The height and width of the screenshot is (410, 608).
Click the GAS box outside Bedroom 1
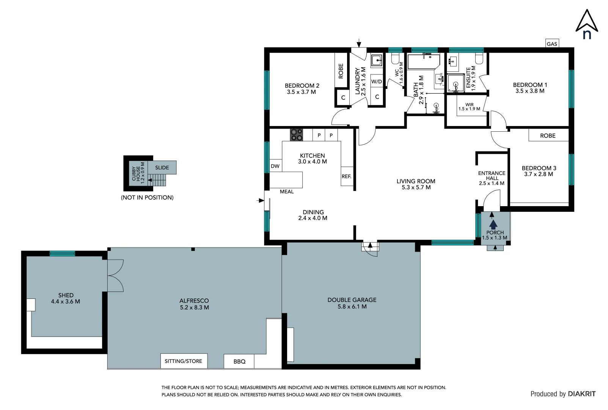click(552, 44)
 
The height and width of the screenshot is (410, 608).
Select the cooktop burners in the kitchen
click(297, 135)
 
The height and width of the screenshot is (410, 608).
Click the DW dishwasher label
click(275, 166)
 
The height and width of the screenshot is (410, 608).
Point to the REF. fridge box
click(347, 177)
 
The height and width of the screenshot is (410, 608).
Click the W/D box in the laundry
click(377, 81)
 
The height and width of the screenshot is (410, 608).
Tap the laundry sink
click(377, 60)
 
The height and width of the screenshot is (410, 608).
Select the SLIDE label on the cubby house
click(162, 167)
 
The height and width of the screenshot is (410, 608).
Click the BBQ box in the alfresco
click(239, 361)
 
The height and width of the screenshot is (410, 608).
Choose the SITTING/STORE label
click(184, 361)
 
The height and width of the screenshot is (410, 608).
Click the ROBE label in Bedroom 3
click(548, 136)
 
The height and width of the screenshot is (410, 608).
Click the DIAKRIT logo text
click(581, 394)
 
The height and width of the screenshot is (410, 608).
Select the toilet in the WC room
click(395, 59)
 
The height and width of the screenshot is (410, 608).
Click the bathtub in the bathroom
click(423, 62)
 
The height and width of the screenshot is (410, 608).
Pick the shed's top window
click(62, 253)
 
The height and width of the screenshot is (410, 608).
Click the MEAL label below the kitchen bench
click(287, 192)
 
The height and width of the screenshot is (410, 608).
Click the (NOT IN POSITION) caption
click(147, 197)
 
